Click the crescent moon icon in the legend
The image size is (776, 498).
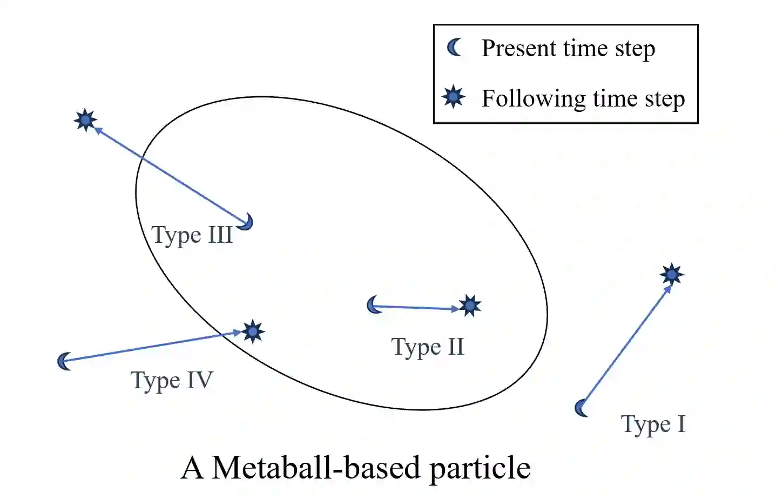[x=455, y=48]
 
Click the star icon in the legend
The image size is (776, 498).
[x=454, y=97]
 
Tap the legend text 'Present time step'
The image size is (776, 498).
[x=568, y=49]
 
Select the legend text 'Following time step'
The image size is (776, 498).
[x=583, y=99]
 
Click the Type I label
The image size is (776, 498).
[x=653, y=424]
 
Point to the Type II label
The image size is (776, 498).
[x=428, y=347]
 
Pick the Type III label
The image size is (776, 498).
[x=192, y=235]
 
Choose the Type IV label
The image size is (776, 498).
[x=172, y=381]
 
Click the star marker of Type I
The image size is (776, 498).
[x=671, y=275]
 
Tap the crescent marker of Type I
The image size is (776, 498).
[x=582, y=408]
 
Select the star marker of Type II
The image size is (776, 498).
[x=470, y=306]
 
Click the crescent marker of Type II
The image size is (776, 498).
[x=373, y=306]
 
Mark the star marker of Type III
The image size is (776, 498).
[x=85, y=120]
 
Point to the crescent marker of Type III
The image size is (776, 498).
[x=247, y=222]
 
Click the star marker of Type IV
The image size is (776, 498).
[x=252, y=331]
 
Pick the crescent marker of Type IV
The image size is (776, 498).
[x=64, y=361]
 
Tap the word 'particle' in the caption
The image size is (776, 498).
[x=480, y=468]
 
